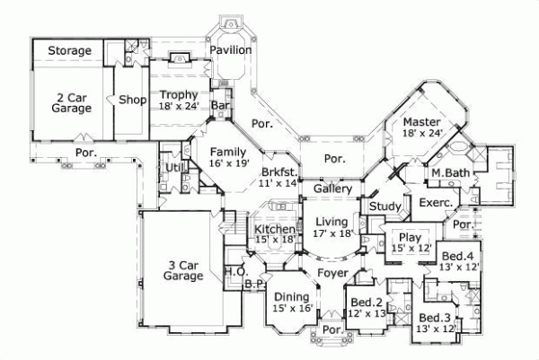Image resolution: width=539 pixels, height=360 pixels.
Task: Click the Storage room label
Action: click(x=70, y=51)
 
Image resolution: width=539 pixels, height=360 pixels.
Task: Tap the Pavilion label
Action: click(x=231, y=50)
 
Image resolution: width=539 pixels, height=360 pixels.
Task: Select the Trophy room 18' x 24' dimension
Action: click(x=179, y=106)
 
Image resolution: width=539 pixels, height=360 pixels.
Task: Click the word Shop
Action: click(x=133, y=100)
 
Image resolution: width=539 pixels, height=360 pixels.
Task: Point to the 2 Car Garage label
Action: click(x=72, y=103)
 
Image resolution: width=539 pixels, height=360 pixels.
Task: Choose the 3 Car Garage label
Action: click(x=183, y=270)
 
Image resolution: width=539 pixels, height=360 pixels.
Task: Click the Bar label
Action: click(x=220, y=105)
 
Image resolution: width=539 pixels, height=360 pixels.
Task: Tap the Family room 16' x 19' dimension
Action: click(x=228, y=162)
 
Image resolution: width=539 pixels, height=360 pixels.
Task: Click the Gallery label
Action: click(x=332, y=189)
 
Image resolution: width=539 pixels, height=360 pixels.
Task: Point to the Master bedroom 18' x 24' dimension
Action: click(x=422, y=133)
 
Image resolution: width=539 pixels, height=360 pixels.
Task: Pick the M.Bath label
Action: click(x=451, y=173)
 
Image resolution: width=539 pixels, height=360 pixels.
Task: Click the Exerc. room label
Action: click(x=437, y=203)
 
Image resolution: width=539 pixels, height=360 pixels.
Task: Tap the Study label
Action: click(x=385, y=206)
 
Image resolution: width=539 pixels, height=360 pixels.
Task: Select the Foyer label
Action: click(x=332, y=273)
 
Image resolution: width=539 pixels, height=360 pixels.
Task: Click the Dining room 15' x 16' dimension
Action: click(x=293, y=308)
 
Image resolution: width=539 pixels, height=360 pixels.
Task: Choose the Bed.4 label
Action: click(x=457, y=256)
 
